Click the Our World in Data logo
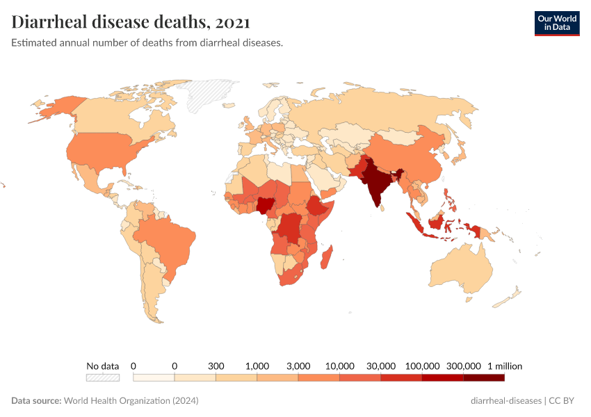556,23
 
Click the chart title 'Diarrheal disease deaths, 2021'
131,22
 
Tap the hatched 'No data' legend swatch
103,377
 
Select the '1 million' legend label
504,366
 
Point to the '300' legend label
216,366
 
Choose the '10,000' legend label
339,366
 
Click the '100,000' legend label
422,366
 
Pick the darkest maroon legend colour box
484,377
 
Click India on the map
376,184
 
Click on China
410,156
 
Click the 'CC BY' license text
564,401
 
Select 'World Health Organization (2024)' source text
131,401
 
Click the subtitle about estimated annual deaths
147,43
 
